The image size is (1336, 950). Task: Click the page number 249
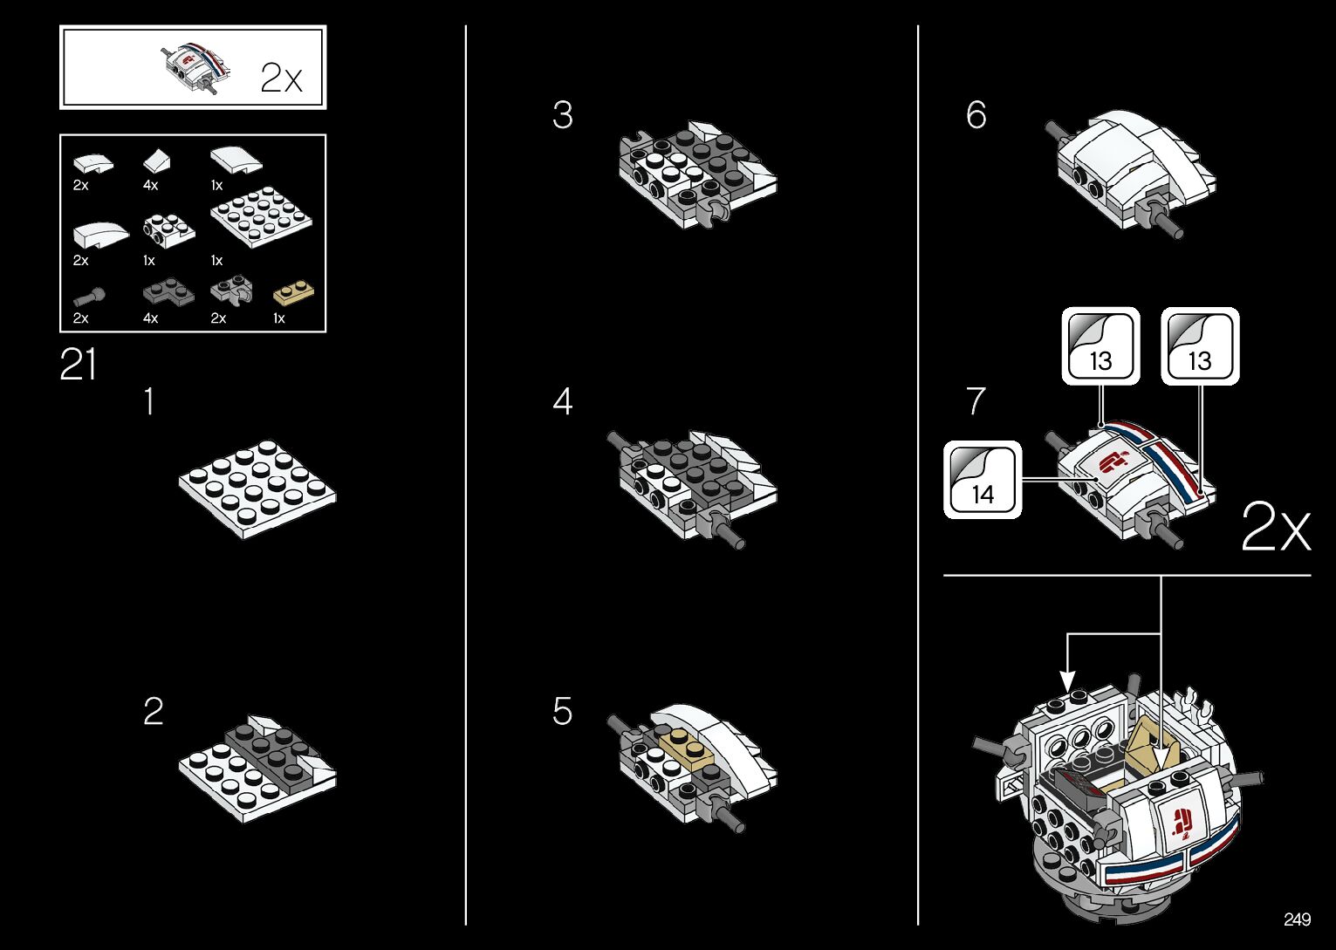(1297, 919)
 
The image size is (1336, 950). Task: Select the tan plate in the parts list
(294, 292)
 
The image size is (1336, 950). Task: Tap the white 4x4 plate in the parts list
(261, 216)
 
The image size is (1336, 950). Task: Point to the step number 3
(563, 115)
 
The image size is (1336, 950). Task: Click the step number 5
(563, 712)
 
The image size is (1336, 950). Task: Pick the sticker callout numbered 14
(983, 480)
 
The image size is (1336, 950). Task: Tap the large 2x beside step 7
(1275, 526)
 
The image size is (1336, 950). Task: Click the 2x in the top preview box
(281, 79)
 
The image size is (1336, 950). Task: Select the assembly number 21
(78, 365)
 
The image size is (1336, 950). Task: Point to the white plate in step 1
(257, 488)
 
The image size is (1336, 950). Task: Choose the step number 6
(976, 115)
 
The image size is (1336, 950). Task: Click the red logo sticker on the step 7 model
(1113, 460)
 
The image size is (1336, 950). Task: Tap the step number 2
(153, 712)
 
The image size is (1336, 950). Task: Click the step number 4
(563, 402)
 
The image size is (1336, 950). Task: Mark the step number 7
(976, 401)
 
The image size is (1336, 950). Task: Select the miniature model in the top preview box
(196, 67)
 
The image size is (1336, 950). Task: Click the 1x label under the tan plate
(279, 318)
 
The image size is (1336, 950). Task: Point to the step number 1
(150, 402)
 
